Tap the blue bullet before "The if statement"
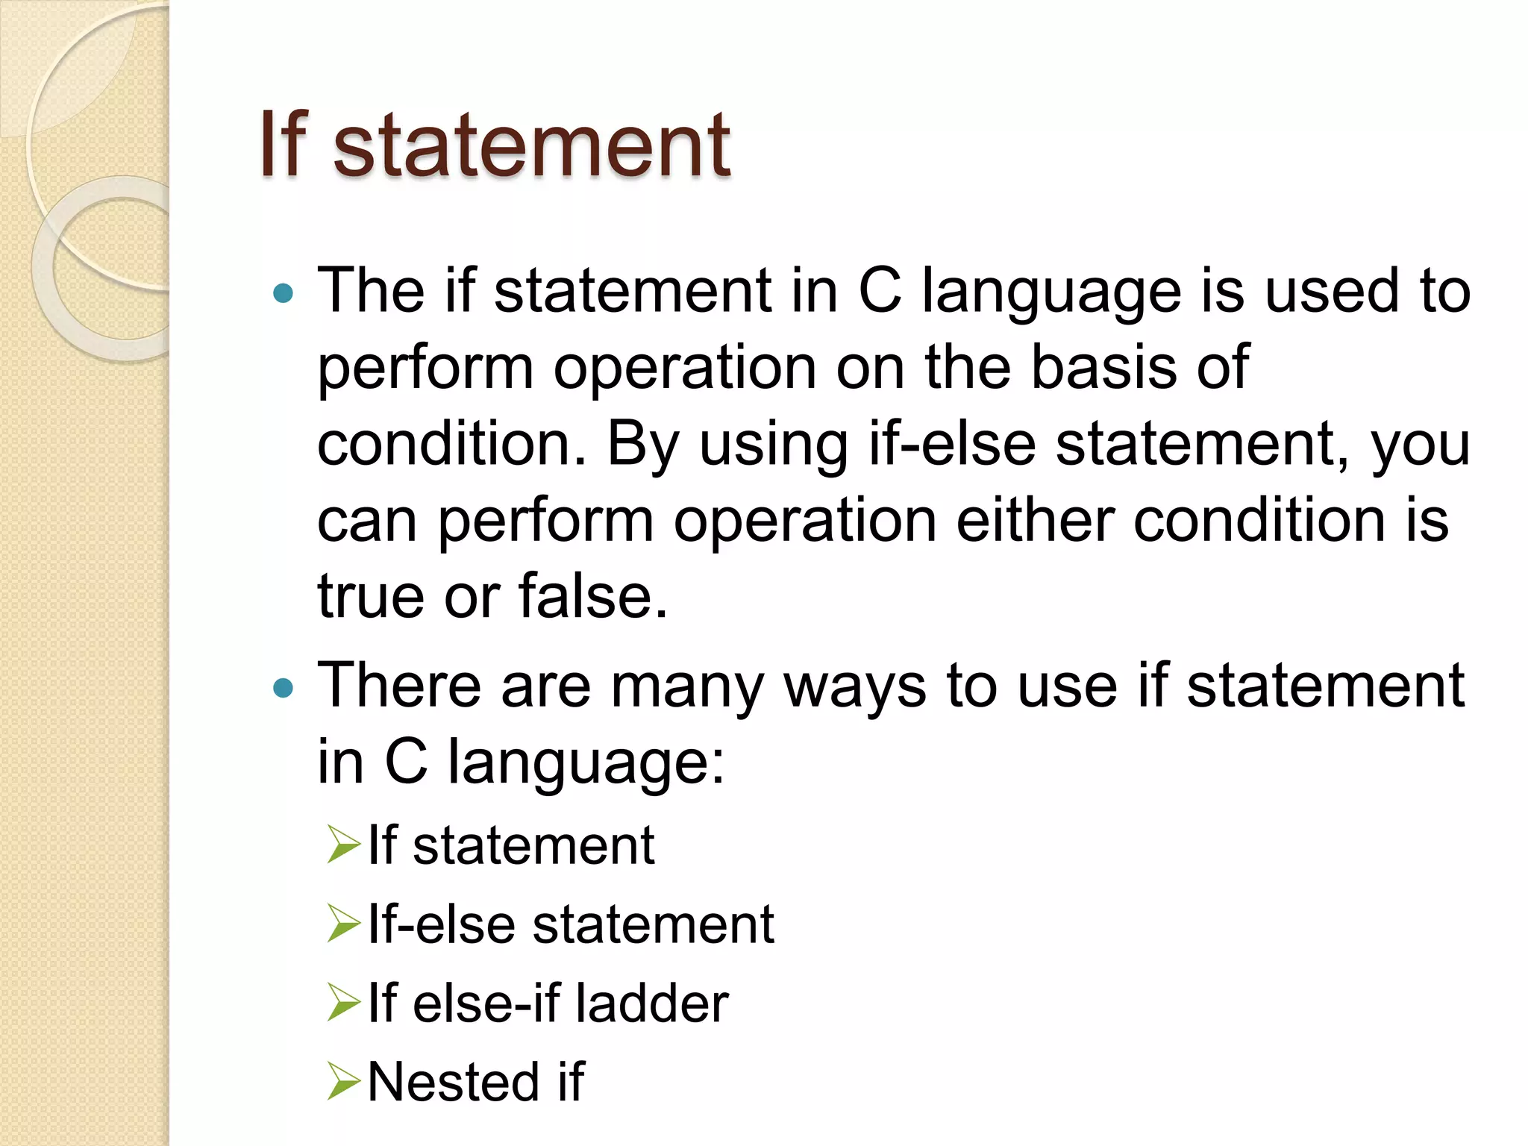pos(284,293)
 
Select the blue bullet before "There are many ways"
pos(284,687)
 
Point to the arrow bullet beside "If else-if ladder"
pos(344,1003)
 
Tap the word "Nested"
pos(453,1082)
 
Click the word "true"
pos(371,596)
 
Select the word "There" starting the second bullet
pos(399,686)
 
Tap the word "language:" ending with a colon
pos(586,763)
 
